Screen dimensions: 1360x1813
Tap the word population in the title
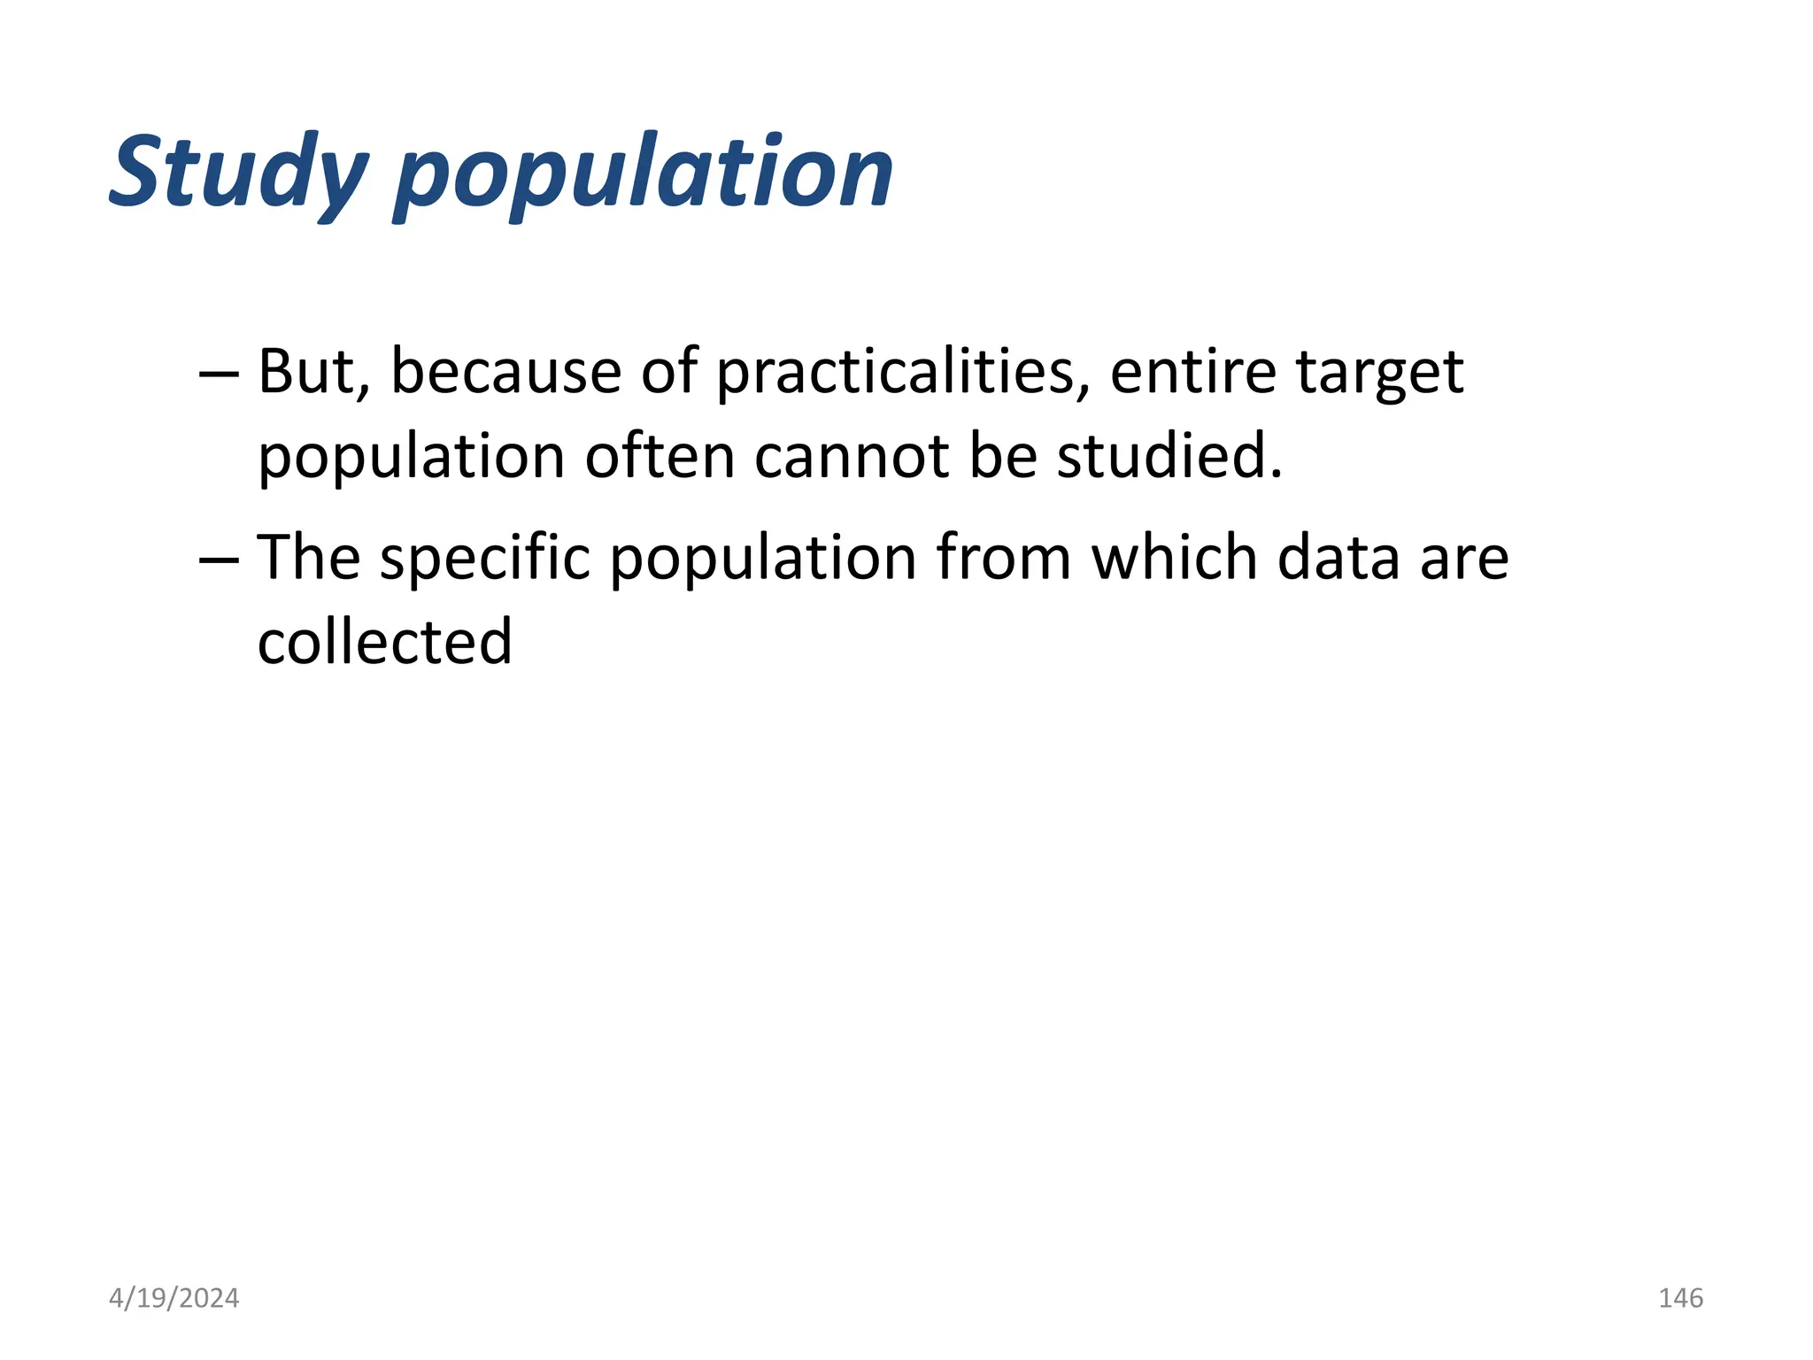(x=644, y=174)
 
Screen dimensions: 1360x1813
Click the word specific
(x=485, y=560)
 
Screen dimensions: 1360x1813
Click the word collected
(x=385, y=642)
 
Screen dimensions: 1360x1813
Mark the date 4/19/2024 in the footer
(x=174, y=1298)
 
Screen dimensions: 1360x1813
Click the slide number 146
(x=1680, y=1298)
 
